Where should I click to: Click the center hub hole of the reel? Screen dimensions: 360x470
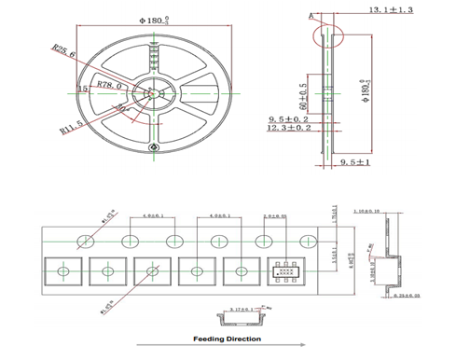[150, 91]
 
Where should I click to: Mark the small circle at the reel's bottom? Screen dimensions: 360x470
[153, 148]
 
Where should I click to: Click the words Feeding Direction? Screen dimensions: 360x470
[225, 339]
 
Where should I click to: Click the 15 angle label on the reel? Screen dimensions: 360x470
[84, 88]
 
